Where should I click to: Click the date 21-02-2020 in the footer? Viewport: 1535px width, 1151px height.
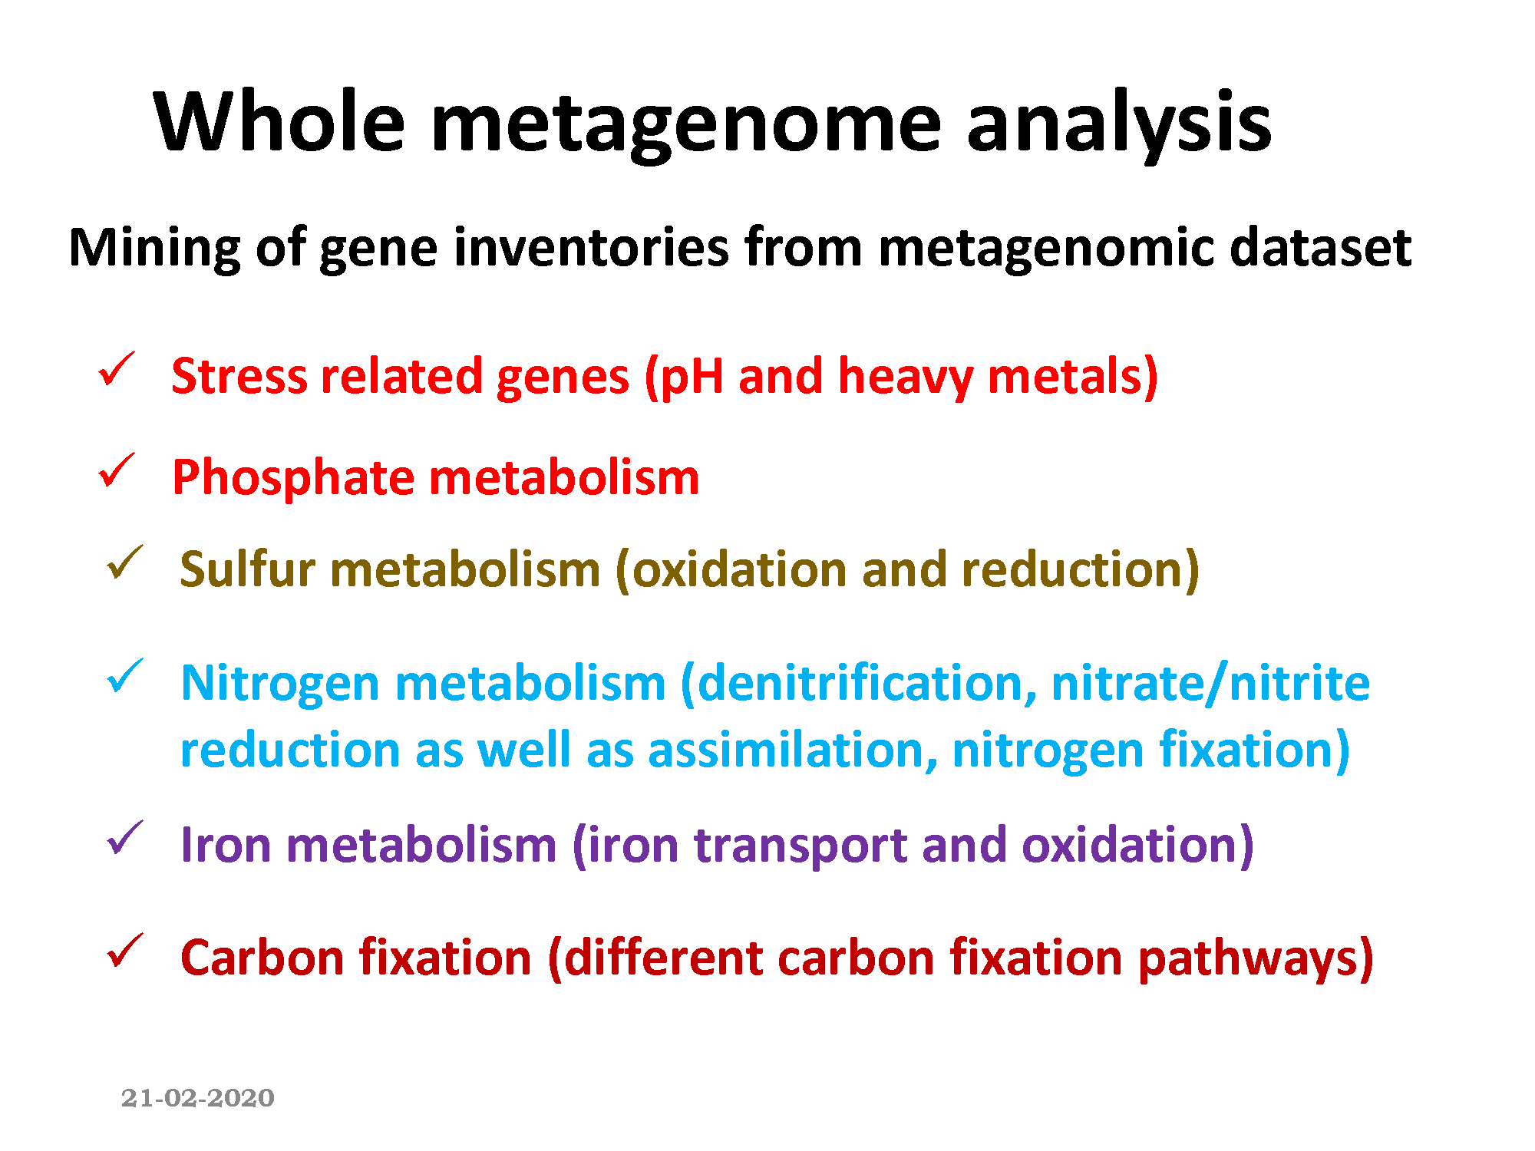[198, 1097]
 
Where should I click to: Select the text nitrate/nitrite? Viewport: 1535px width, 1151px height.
[1210, 683]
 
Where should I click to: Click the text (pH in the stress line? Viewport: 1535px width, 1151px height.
[684, 378]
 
